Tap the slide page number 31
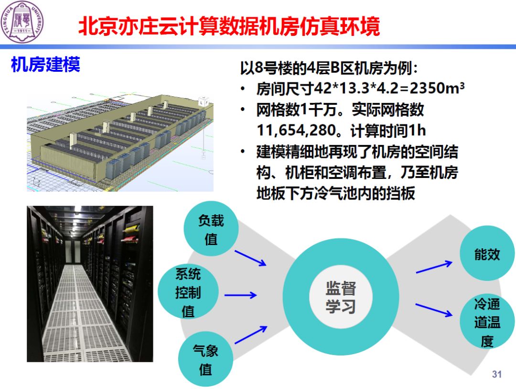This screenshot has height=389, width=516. pyautogui.click(x=497, y=374)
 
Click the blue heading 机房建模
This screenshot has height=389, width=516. pyautogui.click(x=45, y=65)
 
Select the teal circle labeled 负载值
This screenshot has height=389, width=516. pyautogui.click(x=211, y=230)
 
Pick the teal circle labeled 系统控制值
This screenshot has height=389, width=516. pyautogui.click(x=188, y=292)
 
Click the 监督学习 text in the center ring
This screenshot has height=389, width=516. pyautogui.click(x=341, y=297)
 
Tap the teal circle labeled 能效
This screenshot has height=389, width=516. pyautogui.click(x=487, y=255)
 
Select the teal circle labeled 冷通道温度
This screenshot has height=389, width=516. pyautogui.click(x=487, y=322)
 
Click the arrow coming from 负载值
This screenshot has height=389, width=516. pyautogui.click(x=250, y=258)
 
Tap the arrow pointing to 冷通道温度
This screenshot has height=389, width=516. pyautogui.click(x=434, y=310)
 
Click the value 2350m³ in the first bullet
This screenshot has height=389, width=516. pyautogui.click(x=437, y=89)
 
